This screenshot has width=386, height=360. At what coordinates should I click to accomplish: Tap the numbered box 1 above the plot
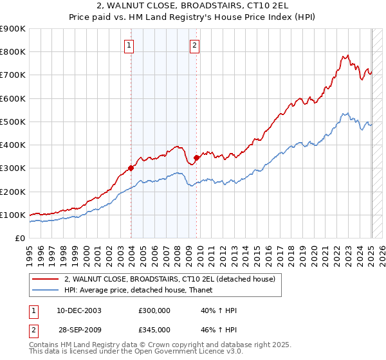[x=130, y=46]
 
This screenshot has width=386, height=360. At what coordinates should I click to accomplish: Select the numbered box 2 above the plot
[x=194, y=46]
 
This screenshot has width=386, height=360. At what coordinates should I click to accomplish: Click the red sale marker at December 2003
[x=131, y=168]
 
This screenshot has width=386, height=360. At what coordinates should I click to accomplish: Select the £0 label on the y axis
[x=19, y=239]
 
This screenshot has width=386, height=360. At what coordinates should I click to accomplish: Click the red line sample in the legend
[x=46, y=279]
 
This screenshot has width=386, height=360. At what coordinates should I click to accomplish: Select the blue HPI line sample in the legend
[x=46, y=290]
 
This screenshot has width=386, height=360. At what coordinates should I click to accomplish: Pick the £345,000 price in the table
[x=154, y=329]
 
